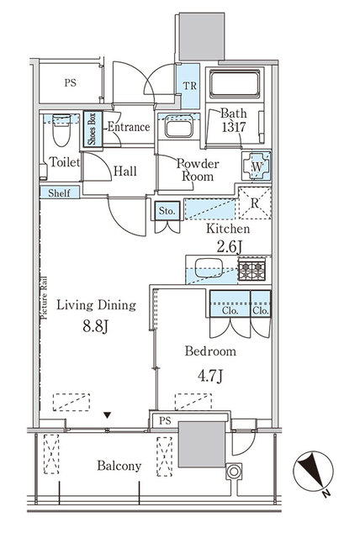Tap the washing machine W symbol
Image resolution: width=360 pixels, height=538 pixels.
[257, 165]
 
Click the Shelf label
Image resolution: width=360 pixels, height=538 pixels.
[58, 193]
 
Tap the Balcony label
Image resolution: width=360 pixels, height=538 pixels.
[117, 466]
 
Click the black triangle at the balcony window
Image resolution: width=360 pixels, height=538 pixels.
[107, 414]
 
